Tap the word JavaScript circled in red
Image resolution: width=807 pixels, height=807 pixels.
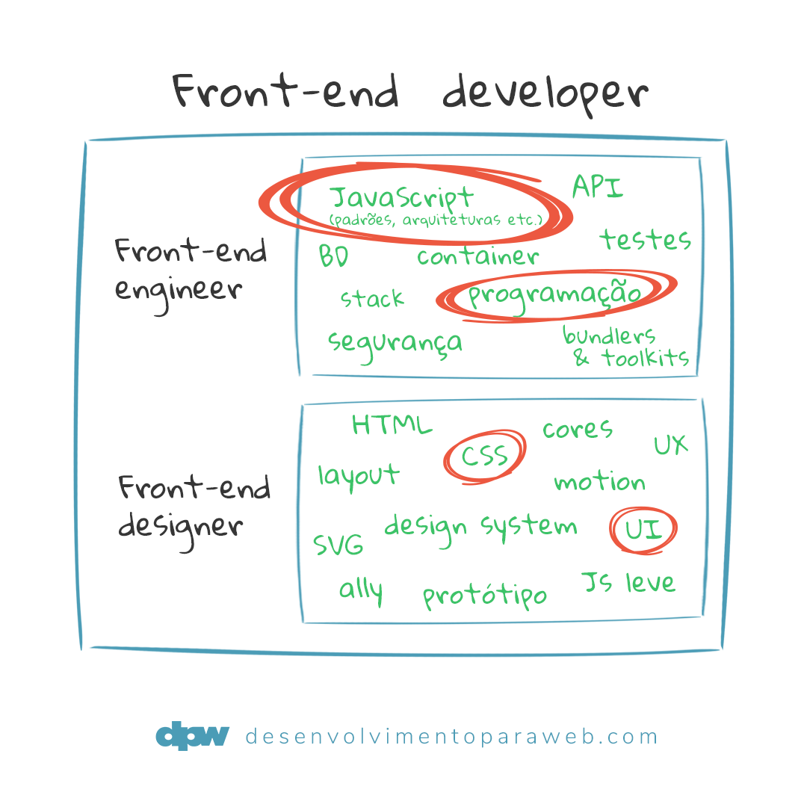[x=401, y=198]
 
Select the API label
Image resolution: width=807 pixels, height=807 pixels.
[x=597, y=187]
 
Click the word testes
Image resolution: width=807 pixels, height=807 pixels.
[x=644, y=240]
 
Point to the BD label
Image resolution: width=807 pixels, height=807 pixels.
[x=333, y=256]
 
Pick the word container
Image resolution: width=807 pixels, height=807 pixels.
[x=477, y=257]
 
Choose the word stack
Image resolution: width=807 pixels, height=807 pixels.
[x=371, y=299]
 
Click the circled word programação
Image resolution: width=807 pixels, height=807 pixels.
[x=555, y=294]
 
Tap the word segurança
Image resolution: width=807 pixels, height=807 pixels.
[x=395, y=343]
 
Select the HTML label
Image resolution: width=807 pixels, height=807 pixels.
[x=392, y=425]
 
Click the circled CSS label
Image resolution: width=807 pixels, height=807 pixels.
[x=484, y=456]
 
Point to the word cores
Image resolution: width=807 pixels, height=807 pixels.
[x=577, y=429]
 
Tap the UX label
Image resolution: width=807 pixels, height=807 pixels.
[x=670, y=445]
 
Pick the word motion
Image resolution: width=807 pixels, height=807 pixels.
[x=599, y=482]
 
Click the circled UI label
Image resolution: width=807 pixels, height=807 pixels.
[x=643, y=530]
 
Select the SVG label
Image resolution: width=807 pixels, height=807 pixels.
[x=338, y=544]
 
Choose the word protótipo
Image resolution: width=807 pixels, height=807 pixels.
[x=484, y=596]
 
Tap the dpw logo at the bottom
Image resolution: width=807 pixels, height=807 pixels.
[x=192, y=737]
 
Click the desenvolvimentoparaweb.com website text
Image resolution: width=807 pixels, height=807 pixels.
[x=451, y=737]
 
